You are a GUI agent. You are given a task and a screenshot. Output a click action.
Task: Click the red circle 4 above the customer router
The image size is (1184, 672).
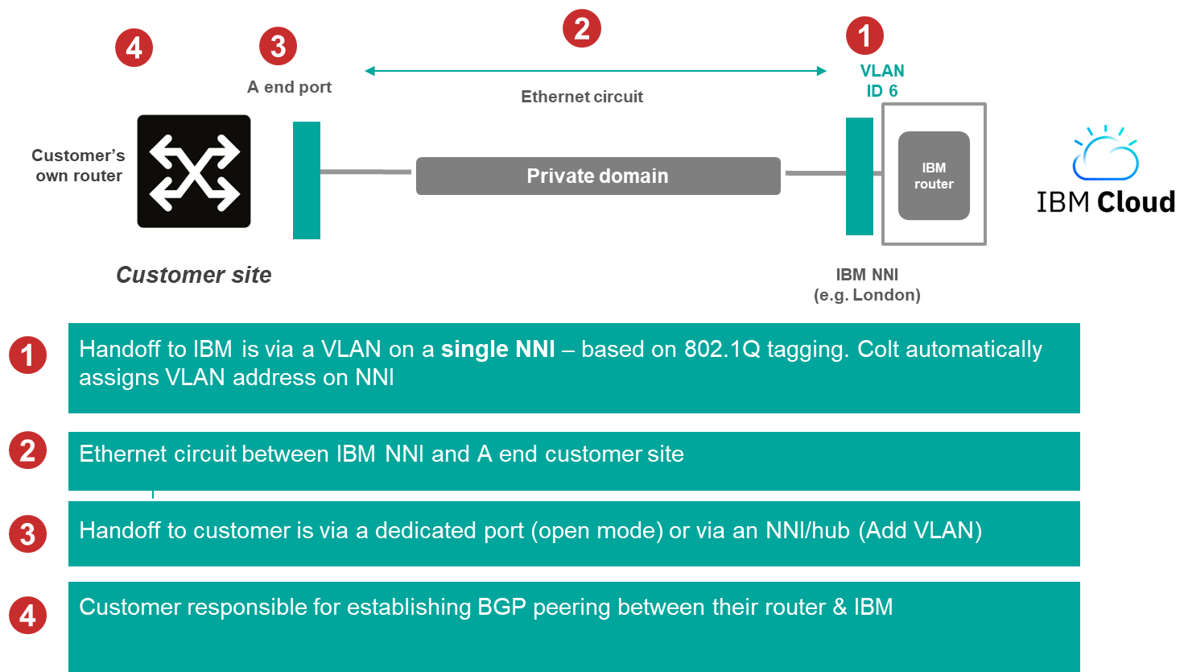point(134,48)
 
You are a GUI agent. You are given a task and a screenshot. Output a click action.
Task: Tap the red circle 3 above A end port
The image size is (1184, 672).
point(278,47)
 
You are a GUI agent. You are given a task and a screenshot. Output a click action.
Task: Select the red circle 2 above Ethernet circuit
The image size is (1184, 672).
point(582,29)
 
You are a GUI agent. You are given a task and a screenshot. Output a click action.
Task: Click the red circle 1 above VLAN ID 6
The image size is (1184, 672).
point(864,35)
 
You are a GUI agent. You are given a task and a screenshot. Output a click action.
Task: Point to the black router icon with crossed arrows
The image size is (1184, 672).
point(194,172)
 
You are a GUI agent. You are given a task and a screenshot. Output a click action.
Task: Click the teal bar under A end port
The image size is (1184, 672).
point(306,180)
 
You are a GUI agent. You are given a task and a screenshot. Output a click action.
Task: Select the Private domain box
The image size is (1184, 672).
point(597,176)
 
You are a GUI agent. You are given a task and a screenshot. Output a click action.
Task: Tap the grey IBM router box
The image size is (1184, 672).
point(934,176)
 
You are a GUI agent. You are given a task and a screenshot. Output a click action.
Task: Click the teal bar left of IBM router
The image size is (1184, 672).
point(859,176)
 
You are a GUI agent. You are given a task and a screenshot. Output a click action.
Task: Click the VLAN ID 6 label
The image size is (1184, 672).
point(881,81)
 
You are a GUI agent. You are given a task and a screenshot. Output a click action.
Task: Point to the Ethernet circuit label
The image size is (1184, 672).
point(582,97)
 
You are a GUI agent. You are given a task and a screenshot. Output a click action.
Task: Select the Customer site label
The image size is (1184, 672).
point(194,275)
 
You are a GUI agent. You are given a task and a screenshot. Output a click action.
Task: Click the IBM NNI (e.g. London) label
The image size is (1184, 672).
point(867,285)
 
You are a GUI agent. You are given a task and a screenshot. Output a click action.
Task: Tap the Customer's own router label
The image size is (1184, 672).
point(78,165)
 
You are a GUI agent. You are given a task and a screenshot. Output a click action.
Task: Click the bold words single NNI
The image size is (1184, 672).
point(498,349)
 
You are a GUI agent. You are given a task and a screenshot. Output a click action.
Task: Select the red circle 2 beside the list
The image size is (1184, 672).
point(27,450)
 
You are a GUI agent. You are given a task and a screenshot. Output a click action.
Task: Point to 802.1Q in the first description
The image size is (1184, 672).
point(721,349)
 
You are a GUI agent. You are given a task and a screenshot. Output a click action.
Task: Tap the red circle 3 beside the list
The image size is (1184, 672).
point(27,533)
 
